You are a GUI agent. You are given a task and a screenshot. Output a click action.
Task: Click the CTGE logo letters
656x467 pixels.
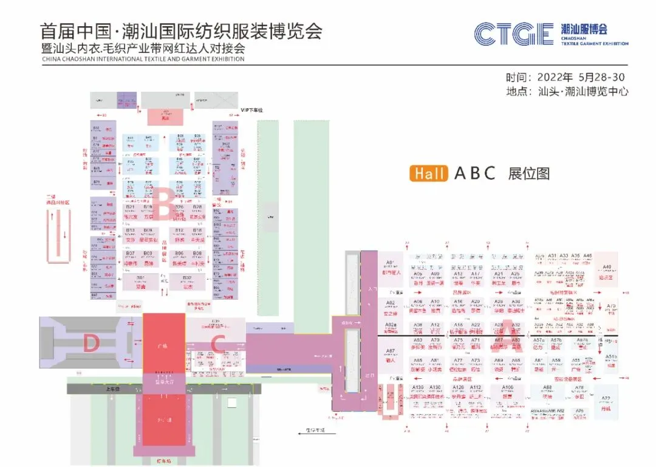pos(513,34)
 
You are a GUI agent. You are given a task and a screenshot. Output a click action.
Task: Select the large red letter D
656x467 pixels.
pos(91,344)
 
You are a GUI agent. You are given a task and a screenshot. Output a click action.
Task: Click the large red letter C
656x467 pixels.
pos(219,343)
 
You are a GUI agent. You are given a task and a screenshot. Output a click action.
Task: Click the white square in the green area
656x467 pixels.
pos(231,402)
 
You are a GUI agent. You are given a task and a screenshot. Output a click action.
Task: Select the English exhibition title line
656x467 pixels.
pos(143,59)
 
